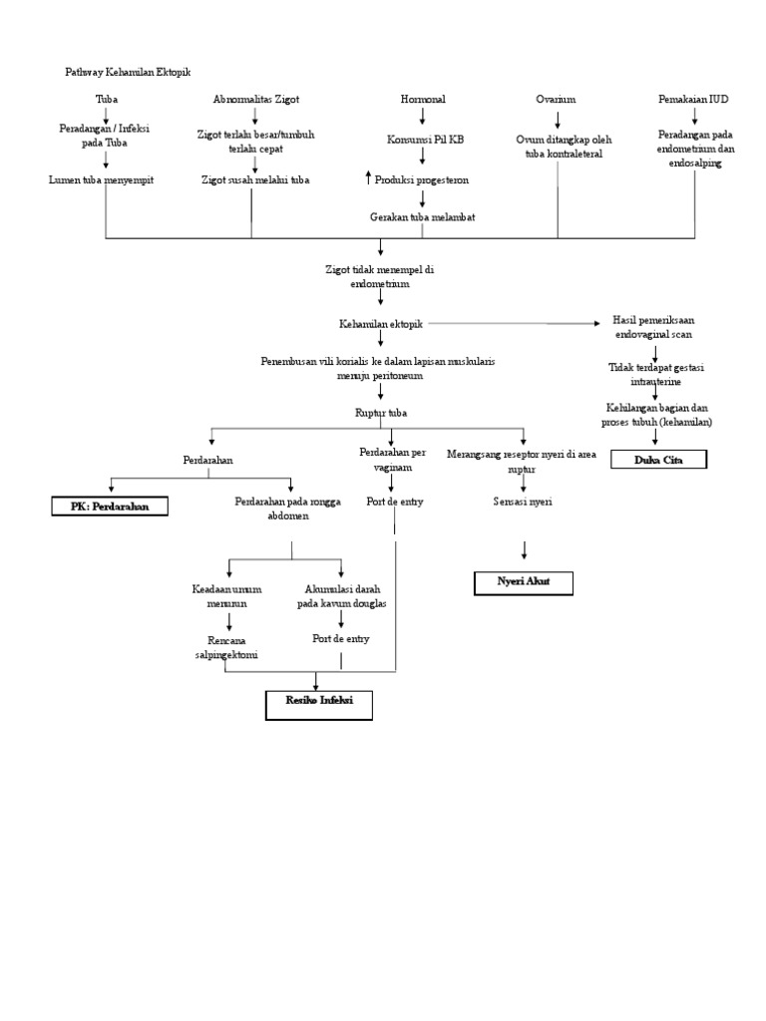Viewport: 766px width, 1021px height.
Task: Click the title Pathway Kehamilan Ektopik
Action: (128, 72)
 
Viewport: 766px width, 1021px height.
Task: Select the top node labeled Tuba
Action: (107, 100)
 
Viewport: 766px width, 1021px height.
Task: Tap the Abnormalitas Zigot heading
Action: (256, 100)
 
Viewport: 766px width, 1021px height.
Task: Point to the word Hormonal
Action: (423, 100)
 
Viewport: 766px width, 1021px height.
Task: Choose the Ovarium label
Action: (557, 100)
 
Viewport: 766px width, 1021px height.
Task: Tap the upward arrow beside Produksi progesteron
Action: (368, 177)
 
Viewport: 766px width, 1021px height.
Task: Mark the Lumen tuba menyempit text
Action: (102, 179)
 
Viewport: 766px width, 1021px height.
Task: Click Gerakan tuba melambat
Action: (422, 216)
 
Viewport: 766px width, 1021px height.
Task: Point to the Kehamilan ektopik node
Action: (380, 324)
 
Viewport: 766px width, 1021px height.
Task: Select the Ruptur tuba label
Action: (380, 412)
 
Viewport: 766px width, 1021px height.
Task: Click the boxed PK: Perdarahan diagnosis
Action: (111, 507)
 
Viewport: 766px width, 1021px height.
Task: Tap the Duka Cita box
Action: (657, 459)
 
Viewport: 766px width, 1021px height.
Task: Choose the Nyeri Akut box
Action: (525, 583)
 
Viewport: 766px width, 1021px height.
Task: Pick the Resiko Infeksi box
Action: (318, 704)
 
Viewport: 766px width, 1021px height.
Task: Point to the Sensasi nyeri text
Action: (524, 502)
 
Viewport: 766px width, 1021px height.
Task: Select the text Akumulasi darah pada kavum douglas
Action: (342, 595)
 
